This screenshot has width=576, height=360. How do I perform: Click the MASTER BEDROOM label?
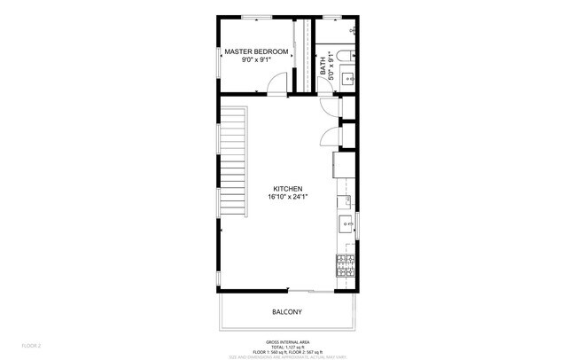[256, 52]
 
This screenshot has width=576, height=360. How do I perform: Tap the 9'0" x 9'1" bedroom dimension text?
[256, 61]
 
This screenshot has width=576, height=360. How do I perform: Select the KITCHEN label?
[288, 188]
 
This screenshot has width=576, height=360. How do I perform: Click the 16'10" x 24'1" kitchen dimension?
[288, 197]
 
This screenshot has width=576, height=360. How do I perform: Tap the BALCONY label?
[287, 311]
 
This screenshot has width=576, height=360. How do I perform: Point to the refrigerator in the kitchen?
[343, 164]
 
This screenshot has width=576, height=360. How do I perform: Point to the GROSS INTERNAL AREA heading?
[287, 341]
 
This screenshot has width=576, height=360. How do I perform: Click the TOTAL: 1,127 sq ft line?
[287, 347]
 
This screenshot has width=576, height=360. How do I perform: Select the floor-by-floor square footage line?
[287, 352]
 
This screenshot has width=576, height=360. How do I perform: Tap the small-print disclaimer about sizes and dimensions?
[287, 357]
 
